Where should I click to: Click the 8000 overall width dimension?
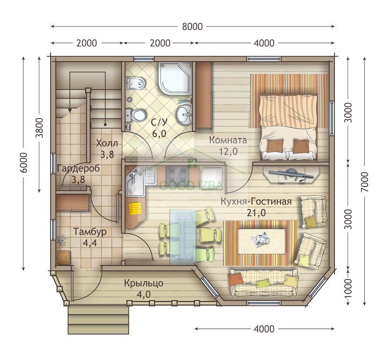192,27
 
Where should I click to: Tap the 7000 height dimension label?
365,182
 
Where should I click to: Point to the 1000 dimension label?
348,288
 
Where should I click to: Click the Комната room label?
228,140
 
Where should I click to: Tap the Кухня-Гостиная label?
256,202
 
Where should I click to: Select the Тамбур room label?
90,232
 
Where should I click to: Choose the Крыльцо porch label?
144,283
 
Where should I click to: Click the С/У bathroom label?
159,122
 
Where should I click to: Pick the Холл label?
107,143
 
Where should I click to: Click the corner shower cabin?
175,78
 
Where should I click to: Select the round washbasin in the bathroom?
184,114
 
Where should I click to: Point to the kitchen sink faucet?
133,176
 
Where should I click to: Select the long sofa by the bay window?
264,283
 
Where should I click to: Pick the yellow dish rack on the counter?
135,209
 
